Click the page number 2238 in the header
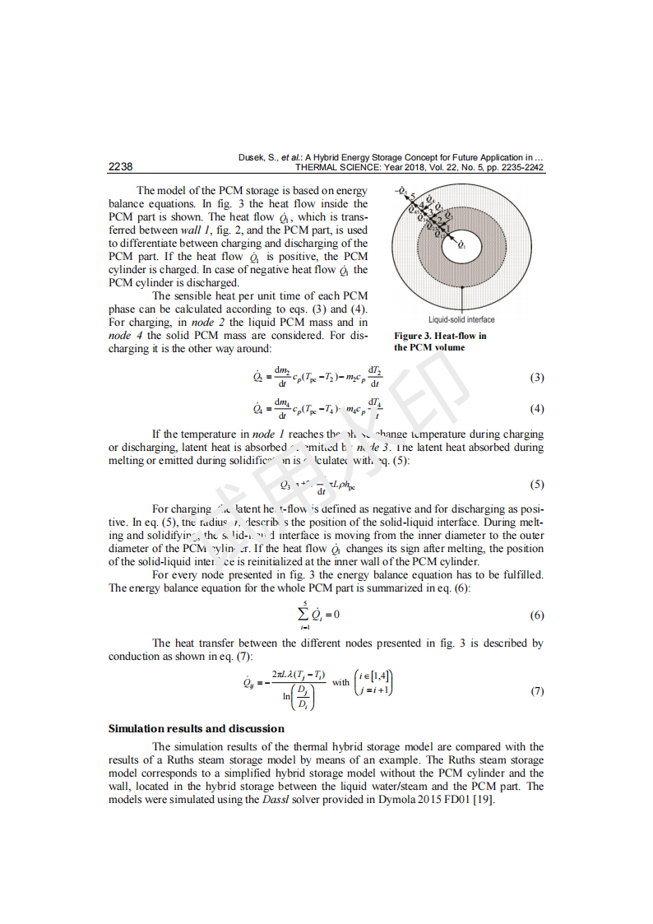click(120, 167)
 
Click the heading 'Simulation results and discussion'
click(197, 728)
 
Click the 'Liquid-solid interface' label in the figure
click(461, 319)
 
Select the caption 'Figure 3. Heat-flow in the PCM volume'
click(440, 341)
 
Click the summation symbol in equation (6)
click(304, 614)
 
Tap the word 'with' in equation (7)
click(340, 682)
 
